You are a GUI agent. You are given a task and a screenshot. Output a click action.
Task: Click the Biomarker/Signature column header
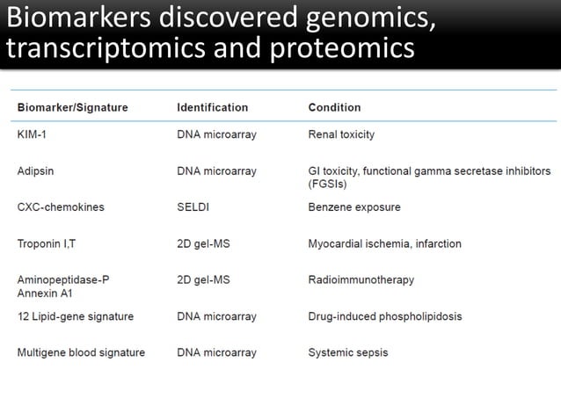pos(72,107)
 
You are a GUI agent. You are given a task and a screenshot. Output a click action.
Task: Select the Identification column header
pos(212,107)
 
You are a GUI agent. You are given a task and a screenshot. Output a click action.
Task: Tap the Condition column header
pos(334,107)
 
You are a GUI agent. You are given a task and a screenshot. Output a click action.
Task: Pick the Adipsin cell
pos(36,171)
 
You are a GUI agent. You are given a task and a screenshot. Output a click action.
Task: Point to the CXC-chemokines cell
pos(61,207)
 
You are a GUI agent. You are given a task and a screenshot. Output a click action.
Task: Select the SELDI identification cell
pos(193,207)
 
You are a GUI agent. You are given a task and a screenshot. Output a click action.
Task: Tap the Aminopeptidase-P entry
pos(63,279)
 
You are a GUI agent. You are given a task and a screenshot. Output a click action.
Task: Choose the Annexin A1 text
pos(45,293)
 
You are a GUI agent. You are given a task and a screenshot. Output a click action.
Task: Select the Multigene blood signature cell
pos(81,352)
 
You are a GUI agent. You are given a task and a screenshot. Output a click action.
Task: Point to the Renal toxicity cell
pos(341,134)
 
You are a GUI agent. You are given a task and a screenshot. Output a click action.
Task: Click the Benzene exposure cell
pos(354,207)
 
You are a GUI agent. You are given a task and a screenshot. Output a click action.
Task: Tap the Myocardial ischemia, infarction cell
pos(384,243)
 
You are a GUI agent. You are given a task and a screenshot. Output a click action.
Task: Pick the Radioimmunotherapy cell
pos(361,279)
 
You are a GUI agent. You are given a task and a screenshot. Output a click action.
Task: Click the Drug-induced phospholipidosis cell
pos(384,315)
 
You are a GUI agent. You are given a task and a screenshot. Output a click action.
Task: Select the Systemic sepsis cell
pos(347,352)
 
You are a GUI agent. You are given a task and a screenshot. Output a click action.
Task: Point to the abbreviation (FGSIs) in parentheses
pos(327,185)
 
